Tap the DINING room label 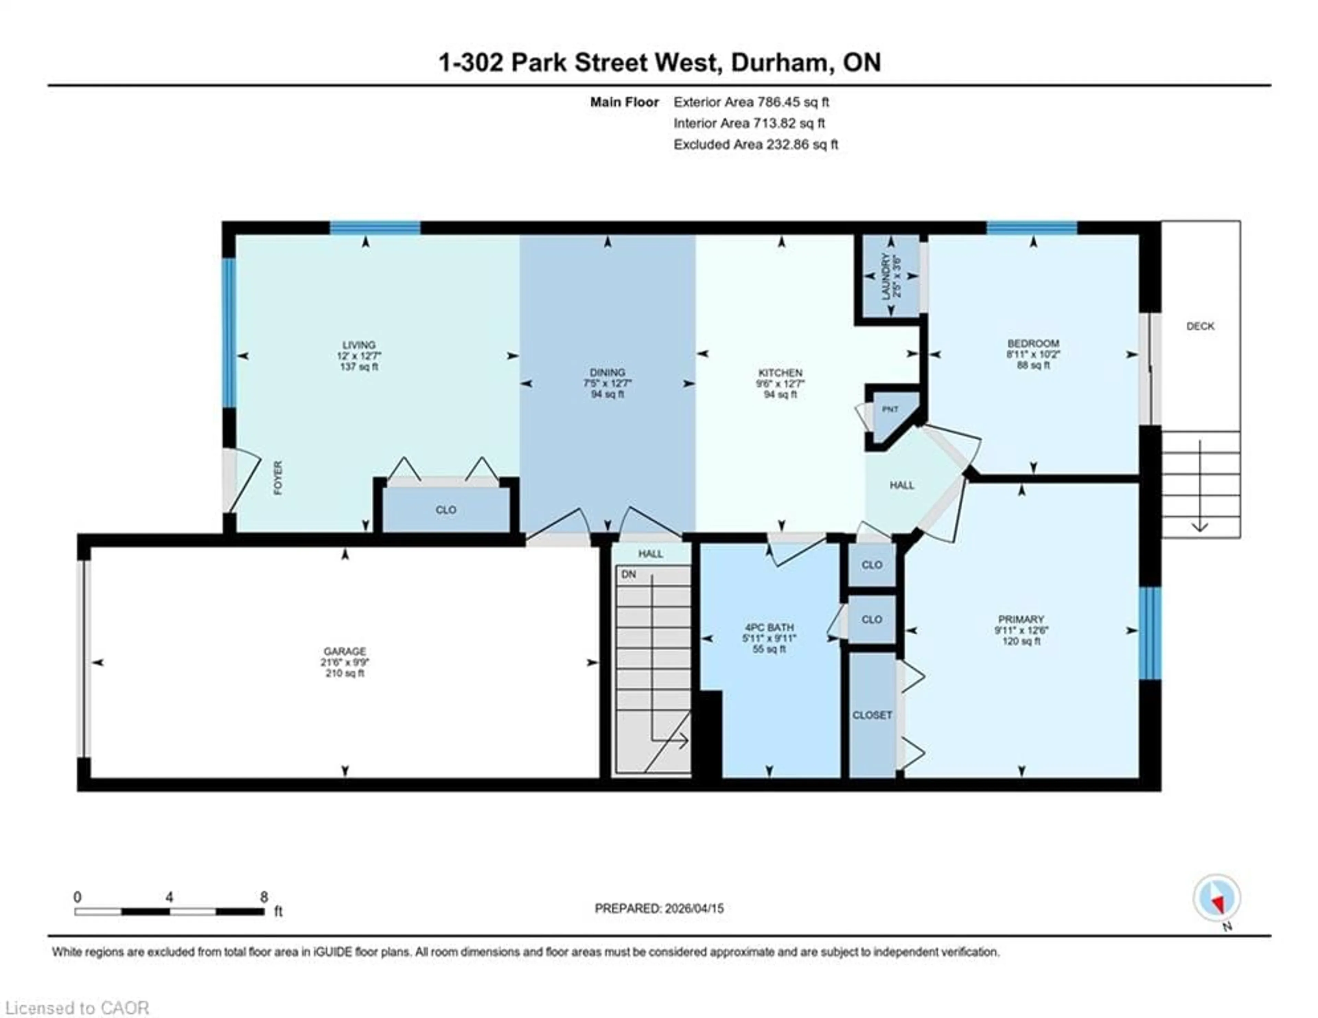coord(607,373)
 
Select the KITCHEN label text coord(780,373)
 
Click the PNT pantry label coord(890,409)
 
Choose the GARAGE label coord(345,651)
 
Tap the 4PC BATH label coord(769,627)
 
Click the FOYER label coord(278,478)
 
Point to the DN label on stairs coord(628,574)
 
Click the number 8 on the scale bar coord(264,897)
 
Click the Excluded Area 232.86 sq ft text coord(755,144)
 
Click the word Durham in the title coord(778,63)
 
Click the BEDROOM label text coord(1032,343)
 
